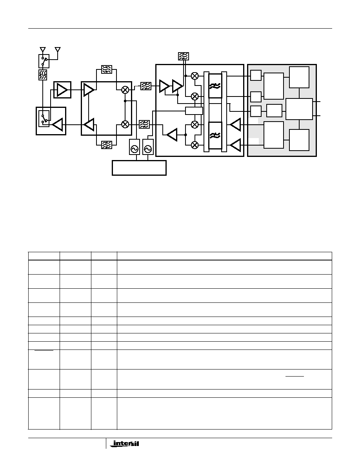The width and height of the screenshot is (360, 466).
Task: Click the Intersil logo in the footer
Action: [126, 444]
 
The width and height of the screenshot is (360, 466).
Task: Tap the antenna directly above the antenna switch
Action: [43, 49]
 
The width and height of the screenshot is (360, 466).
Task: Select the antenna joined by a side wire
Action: [58, 49]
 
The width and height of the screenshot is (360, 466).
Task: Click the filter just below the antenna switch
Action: [43, 75]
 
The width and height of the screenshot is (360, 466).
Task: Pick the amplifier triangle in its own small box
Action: [62, 89]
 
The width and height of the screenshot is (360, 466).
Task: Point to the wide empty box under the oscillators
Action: [139, 168]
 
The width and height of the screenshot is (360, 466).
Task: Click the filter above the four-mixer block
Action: [184, 56]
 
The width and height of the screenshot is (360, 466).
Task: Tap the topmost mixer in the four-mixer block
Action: [195, 76]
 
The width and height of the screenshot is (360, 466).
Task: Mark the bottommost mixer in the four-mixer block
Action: [195, 145]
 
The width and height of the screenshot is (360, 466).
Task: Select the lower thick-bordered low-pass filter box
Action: [215, 135]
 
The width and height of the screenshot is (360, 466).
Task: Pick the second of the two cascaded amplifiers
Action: [177, 86]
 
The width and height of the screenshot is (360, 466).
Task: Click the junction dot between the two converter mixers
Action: [125, 101]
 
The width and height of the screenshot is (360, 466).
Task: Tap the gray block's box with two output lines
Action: [299, 109]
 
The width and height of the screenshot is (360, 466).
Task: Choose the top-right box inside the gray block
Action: [299, 77]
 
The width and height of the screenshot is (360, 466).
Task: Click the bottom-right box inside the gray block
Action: [299, 140]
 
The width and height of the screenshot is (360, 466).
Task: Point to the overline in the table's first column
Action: [44, 351]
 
